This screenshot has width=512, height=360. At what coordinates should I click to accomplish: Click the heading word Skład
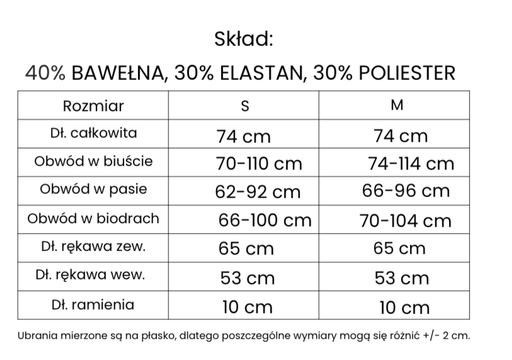click(243, 39)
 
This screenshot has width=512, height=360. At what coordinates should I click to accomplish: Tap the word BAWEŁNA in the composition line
click(118, 73)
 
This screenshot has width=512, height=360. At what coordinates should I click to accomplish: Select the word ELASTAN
click(257, 73)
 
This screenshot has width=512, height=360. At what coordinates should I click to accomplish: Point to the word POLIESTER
click(406, 73)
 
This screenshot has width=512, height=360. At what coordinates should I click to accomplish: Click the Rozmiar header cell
click(93, 105)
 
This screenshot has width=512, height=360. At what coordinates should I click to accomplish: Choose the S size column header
click(245, 106)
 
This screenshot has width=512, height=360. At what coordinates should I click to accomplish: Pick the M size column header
click(397, 105)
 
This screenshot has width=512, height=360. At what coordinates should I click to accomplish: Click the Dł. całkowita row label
click(93, 133)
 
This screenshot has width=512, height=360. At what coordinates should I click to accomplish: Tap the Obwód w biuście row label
click(93, 161)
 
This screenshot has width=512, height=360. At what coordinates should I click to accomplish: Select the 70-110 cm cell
click(259, 164)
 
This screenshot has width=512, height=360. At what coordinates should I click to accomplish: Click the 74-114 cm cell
click(410, 164)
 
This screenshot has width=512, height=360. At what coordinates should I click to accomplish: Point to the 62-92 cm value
click(258, 192)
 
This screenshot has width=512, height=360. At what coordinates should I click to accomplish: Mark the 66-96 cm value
click(406, 191)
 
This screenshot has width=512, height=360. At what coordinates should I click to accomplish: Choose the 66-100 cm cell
click(265, 220)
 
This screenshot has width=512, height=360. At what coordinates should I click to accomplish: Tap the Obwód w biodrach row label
click(93, 218)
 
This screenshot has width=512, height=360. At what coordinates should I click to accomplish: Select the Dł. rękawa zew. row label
click(93, 247)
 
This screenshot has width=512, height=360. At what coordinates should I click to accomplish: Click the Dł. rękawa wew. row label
click(93, 275)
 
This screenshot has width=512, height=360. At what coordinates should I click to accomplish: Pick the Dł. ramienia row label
click(93, 305)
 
